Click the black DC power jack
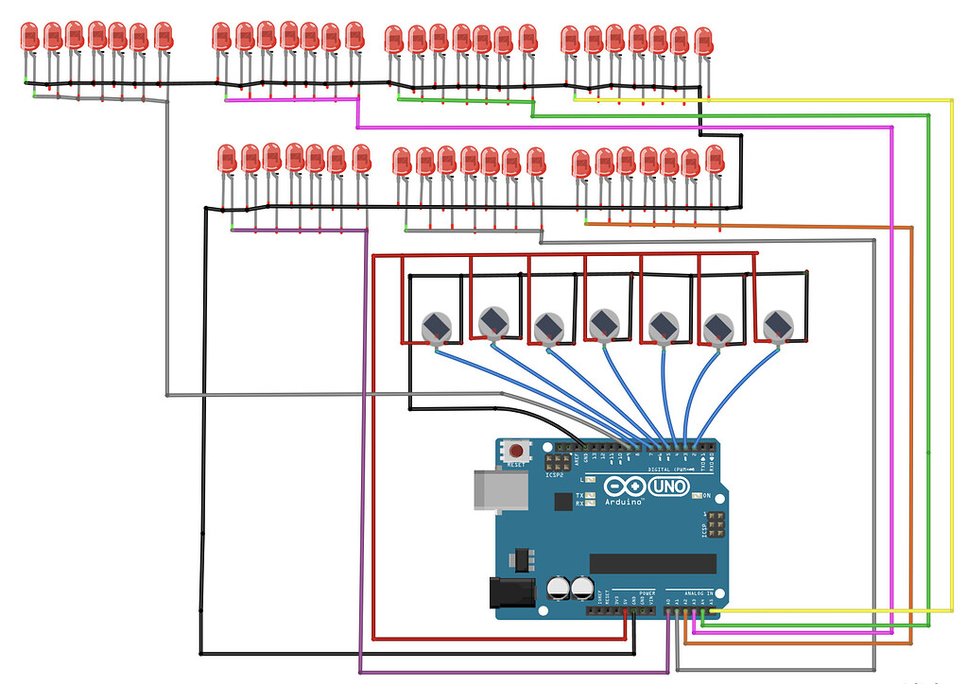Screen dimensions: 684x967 (505, 592)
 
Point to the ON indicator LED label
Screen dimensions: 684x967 (705, 495)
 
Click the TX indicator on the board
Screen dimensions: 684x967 (579, 495)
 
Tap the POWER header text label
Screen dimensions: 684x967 (647, 592)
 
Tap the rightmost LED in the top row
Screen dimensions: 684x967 (702, 41)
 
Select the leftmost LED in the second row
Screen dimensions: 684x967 (226, 159)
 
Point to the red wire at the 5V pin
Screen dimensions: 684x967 (626, 616)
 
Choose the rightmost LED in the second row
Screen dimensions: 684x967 (715, 159)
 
